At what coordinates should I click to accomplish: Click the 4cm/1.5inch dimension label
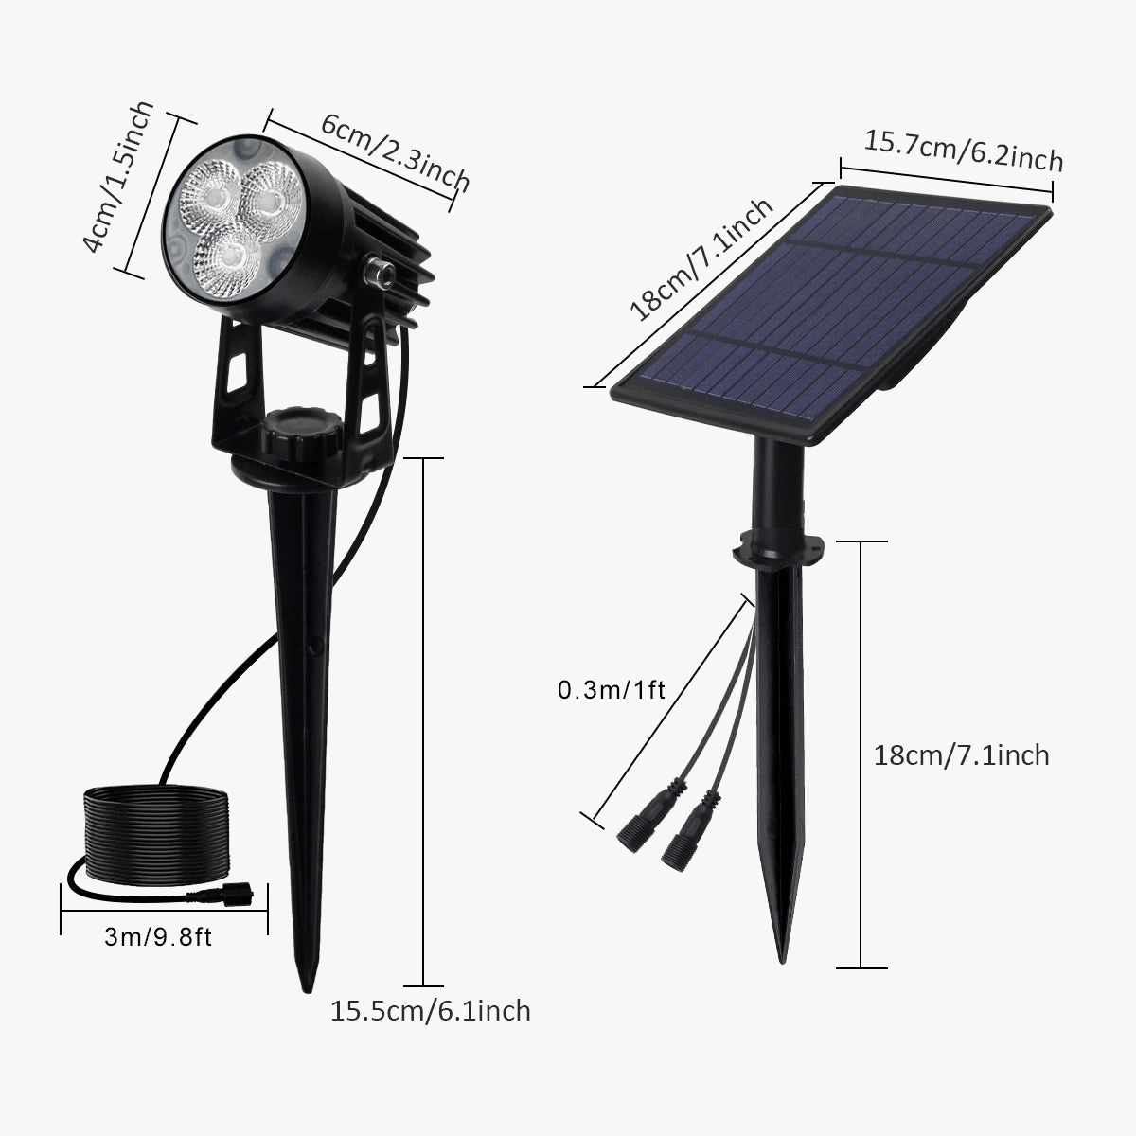tap(117, 178)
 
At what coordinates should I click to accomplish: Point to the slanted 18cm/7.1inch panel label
tap(701, 259)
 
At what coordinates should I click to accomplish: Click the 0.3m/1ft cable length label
tap(612, 689)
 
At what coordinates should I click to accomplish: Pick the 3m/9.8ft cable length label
tap(158, 937)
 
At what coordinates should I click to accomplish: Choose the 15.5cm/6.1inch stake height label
tap(431, 1010)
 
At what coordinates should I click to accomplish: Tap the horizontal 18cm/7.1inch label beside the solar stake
tap(961, 754)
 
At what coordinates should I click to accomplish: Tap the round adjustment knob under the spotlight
tap(301, 432)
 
